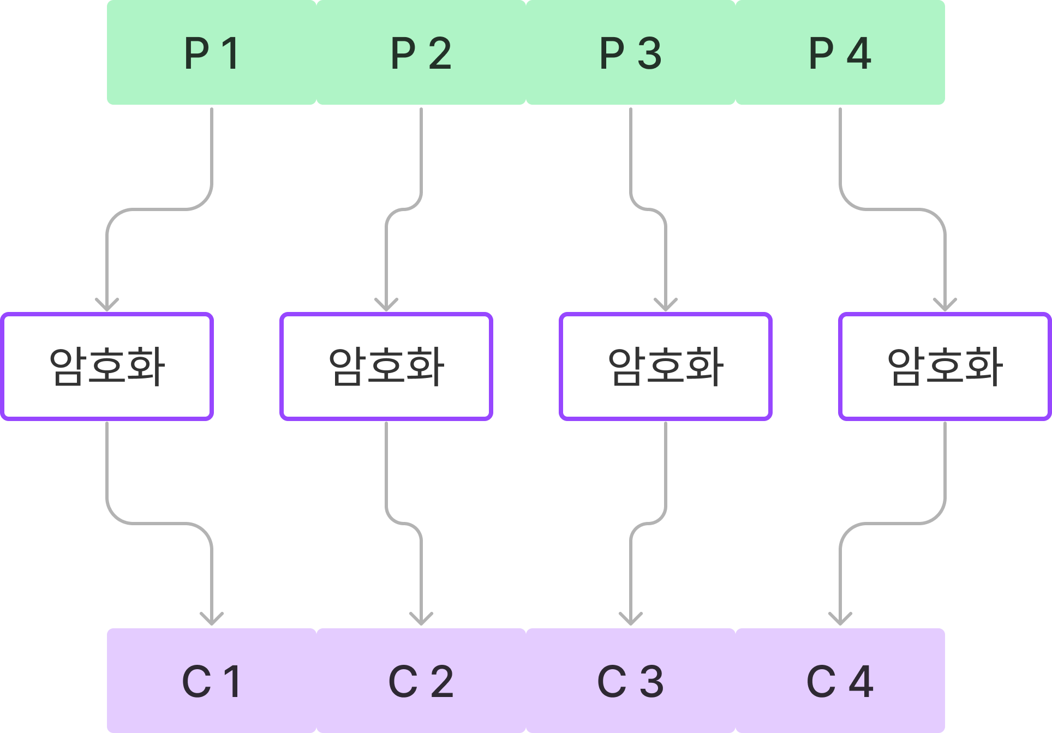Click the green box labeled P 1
pyautogui.click(x=212, y=53)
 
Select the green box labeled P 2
pyautogui.click(x=421, y=53)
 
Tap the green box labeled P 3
pyautogui.click(x=631, y=53)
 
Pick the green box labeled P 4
pyautogui.click(x=840, y=53)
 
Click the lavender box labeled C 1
pyautogui.click(x=212, y=680)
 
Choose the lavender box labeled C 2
pyautogui.click(x=421, y=680)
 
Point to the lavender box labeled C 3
pyautogui.click(x=631, y=680)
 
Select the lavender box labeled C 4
pyautogui.click(x=840, y=680)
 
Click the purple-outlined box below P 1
pyautogui.click(x=107, y=366)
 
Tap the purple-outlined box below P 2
pyautogui.click(x=386, y=366)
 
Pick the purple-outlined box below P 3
pyautogui.click(x=666, y=366)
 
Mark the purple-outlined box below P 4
pyautogui.click(x=945, y=366)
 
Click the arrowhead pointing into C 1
pyautogui.click(x=212, y=620)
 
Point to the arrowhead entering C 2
pyautogui.click(x=421, y=620)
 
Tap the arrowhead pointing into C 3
pyautogui.click(x=631, y=620)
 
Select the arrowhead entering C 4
pyautogui.click(x=840, y=620)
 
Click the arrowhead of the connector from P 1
pyautogui.click(x=107, y=305)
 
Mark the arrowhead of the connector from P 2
pyautogui.click(x=386, y=305)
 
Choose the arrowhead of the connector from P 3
pyautogui.click(x=666, y=305)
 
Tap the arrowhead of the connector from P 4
pyautogui.click(x=945, y=305)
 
